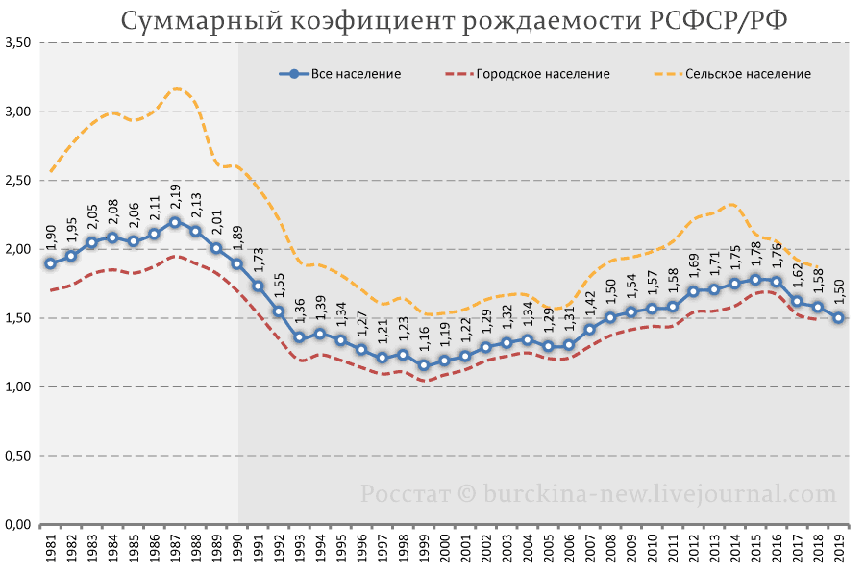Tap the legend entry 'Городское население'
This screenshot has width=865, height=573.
click(542, 73)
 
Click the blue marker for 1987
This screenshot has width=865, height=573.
click(175, 222)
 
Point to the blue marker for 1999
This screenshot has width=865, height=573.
click(424, 364)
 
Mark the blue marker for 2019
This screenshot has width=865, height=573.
click(838, 318)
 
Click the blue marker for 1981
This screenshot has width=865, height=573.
click(50, 262)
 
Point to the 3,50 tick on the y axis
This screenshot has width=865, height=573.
click(18, 43)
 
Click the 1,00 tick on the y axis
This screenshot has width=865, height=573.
click(18, 386)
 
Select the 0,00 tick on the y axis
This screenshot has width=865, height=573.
click(18, 524)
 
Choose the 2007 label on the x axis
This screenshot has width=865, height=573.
click(589, 552)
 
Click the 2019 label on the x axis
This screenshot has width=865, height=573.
click(838, 552)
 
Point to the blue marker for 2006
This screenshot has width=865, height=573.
click(569, 344)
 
